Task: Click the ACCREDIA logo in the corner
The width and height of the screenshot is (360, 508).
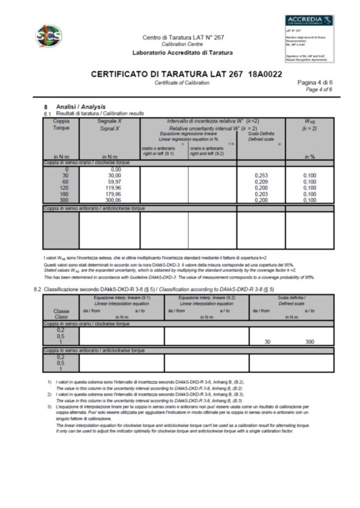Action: (x=309, y=20)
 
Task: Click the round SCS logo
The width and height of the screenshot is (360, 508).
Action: (x=49, y=36)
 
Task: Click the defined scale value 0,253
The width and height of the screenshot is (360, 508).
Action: (x=261, y=176)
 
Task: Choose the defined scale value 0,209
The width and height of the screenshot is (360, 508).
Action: (x=261, y=182)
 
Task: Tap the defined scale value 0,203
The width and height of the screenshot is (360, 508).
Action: (x=261, y=194)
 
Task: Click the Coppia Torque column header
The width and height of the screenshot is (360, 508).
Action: (x=61, y=124)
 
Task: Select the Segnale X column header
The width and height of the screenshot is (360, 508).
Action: (x=109, y=124)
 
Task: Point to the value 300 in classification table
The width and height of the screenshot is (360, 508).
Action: (x=310, y=342)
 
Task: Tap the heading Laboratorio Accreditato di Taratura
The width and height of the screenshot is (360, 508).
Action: (x=182, y=53)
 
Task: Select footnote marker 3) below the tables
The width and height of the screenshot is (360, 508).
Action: (x=50, y=407)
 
